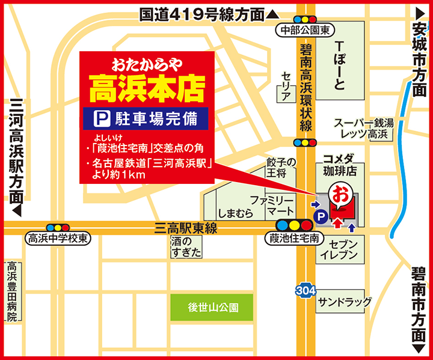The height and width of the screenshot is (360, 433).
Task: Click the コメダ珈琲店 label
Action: [x=340, y=165]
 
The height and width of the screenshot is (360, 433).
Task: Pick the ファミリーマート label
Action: [x=271, y=204]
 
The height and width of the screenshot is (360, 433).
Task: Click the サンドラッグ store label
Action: [x=345, y=301]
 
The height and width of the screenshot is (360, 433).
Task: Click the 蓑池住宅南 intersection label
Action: [x=290, y=239]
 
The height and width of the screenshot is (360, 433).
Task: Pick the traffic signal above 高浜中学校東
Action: [x=58, y=227]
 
